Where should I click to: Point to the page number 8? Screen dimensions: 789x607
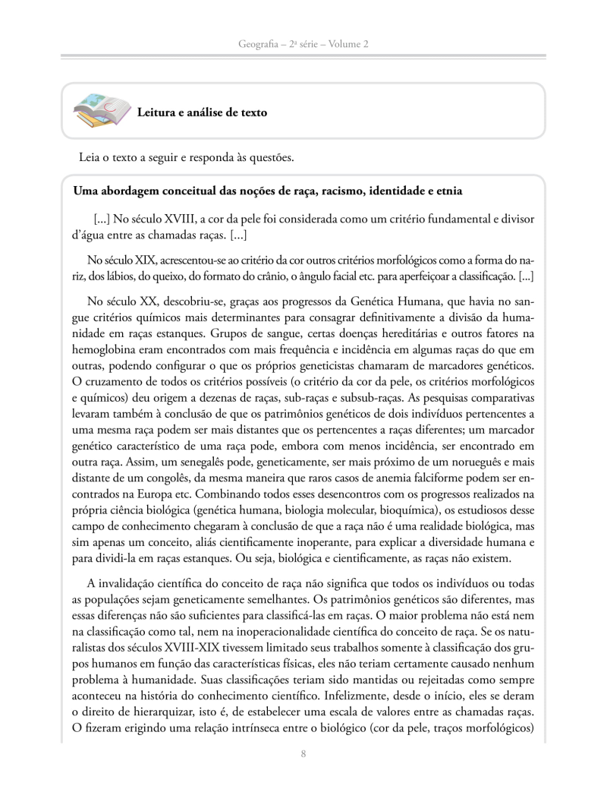click(303, 754)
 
